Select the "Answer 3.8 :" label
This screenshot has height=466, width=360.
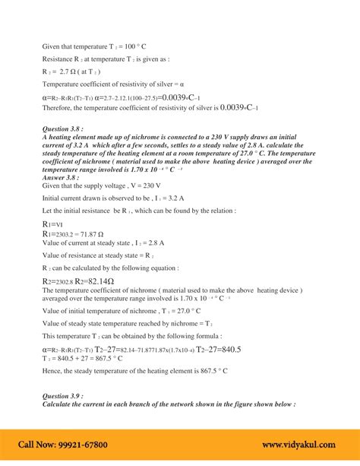point(64,179)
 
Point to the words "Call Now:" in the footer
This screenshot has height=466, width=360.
point(39,444)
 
